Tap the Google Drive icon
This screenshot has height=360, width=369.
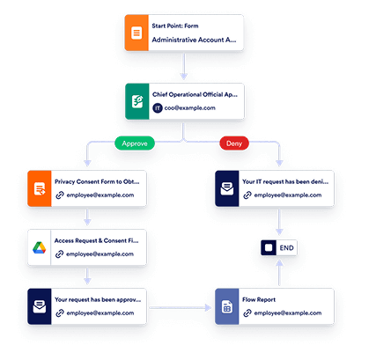(x=43, y=246)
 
